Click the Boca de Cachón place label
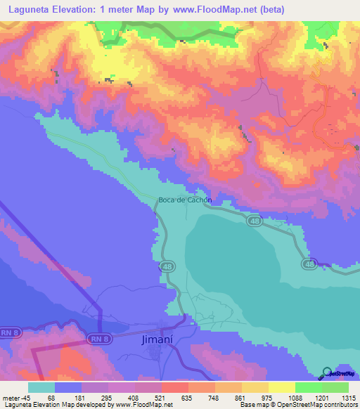pos(185,200)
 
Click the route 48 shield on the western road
pos(166,267)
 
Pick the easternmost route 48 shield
pos(309,264)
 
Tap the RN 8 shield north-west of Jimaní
pos(99,339)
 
